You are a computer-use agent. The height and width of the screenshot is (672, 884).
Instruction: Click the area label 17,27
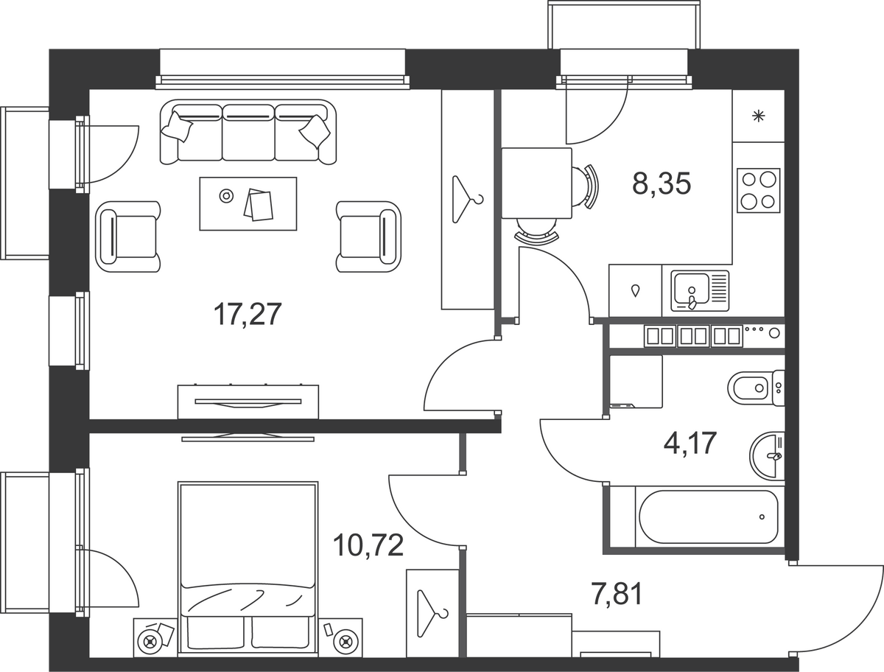pyautogui.click(x=248, y=315)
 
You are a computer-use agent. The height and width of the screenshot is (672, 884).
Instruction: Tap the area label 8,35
pyautogui.click(x=662, y=183)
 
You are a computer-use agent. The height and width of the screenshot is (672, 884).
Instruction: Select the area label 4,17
pyautogui.click(x=690, y=443)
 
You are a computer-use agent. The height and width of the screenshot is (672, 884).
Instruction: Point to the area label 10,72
pyautogui.click(x=368, y=545)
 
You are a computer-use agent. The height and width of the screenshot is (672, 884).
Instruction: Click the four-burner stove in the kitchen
pyautogui.click(x=758, y=190)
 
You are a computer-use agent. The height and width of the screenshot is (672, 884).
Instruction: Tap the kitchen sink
pyautogui.click(x=700, y=291)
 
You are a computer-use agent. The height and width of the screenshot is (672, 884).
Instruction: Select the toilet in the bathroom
pyautogui.click(x=756, y=388)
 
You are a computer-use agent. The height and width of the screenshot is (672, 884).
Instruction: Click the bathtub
pyautogui.click(x=709, y=517)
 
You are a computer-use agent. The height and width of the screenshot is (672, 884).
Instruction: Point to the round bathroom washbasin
pyautogui.click(x=767, y=456)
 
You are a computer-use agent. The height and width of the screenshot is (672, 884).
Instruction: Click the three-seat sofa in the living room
pyautogui.click(x=248, y=132)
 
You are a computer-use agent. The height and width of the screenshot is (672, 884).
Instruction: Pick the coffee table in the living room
pyautogui.click(x=248, y=203)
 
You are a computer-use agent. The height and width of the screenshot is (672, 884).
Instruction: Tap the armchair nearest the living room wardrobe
pyautogui.click(x=368, y=237)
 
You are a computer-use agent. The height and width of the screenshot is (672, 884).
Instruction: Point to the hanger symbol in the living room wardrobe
pyautogui.click(x=468, y=199)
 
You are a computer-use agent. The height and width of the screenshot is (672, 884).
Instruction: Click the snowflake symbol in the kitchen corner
pyautogui.click(x=758, y=116)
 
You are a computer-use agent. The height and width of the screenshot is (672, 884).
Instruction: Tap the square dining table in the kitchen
pyautogui.click(x=536, y=183)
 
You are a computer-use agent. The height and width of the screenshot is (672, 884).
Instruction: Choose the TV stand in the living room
pyautogui.click(x=248, y=402)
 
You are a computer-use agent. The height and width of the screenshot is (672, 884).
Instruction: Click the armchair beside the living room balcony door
pyautogui.click(x=128, y=237)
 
